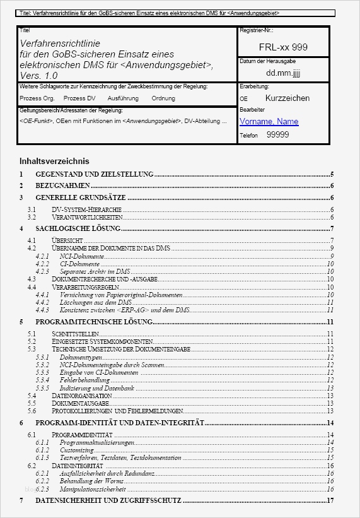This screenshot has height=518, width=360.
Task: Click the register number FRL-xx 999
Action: [283, 47]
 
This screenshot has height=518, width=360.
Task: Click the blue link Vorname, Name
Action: [269, 121]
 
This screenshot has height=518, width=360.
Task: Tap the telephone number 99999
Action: [277, 134]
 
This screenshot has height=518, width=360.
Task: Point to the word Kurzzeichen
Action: [287, 98]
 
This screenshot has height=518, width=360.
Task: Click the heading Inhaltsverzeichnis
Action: [54, 161]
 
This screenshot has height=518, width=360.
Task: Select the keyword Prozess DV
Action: [79, 98]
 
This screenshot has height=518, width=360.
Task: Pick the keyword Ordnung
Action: [163, 98]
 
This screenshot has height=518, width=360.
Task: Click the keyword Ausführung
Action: [123, 98]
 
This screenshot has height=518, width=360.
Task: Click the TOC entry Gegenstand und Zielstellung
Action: [95, 174]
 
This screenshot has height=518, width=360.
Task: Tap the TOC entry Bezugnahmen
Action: [62, 186]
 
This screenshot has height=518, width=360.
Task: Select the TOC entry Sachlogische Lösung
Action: [78, 228]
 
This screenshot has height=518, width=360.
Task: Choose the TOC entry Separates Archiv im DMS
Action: [95, 271]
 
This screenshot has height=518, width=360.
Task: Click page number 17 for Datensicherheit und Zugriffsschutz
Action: [330, 500]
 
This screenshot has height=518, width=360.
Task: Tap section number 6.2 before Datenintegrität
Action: [32, 466]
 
